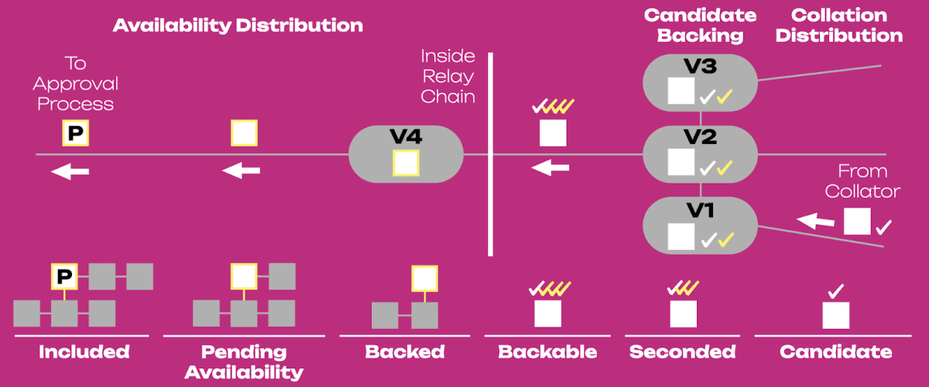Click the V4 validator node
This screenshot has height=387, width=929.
[x=406, y=154]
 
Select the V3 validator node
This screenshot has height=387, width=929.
[x=700, y=83]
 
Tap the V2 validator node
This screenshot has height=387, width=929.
[x=700, y=154]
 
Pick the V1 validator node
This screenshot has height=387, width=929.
[x=700, y=225]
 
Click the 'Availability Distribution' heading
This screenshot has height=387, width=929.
[x=238, y=26]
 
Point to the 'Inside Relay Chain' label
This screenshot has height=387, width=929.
[x=448, y=77]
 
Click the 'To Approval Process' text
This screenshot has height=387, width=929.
[x=76, y=84]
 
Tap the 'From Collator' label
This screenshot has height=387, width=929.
[x=862, y=181]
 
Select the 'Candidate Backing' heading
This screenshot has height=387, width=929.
[x=700, y=26]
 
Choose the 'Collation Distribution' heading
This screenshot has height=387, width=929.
[x=839, y=26]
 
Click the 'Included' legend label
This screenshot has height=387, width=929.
[x=84, y=351]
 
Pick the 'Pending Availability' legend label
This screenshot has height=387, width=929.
[x=244, y=362]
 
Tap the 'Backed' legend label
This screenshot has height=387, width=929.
[x=405, y=351]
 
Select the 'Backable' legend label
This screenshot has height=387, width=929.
[x=547, y=351]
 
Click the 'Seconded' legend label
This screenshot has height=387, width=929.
[x=683, y=351]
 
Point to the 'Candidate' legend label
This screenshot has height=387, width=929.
[x=835, y=351]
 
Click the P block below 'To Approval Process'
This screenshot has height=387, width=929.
[x=76, y=132]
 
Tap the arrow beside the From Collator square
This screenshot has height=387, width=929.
[x=816, y=221]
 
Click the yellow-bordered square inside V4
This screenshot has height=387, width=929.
[x=406, y=163]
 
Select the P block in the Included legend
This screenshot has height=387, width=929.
[x=64, y=276]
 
